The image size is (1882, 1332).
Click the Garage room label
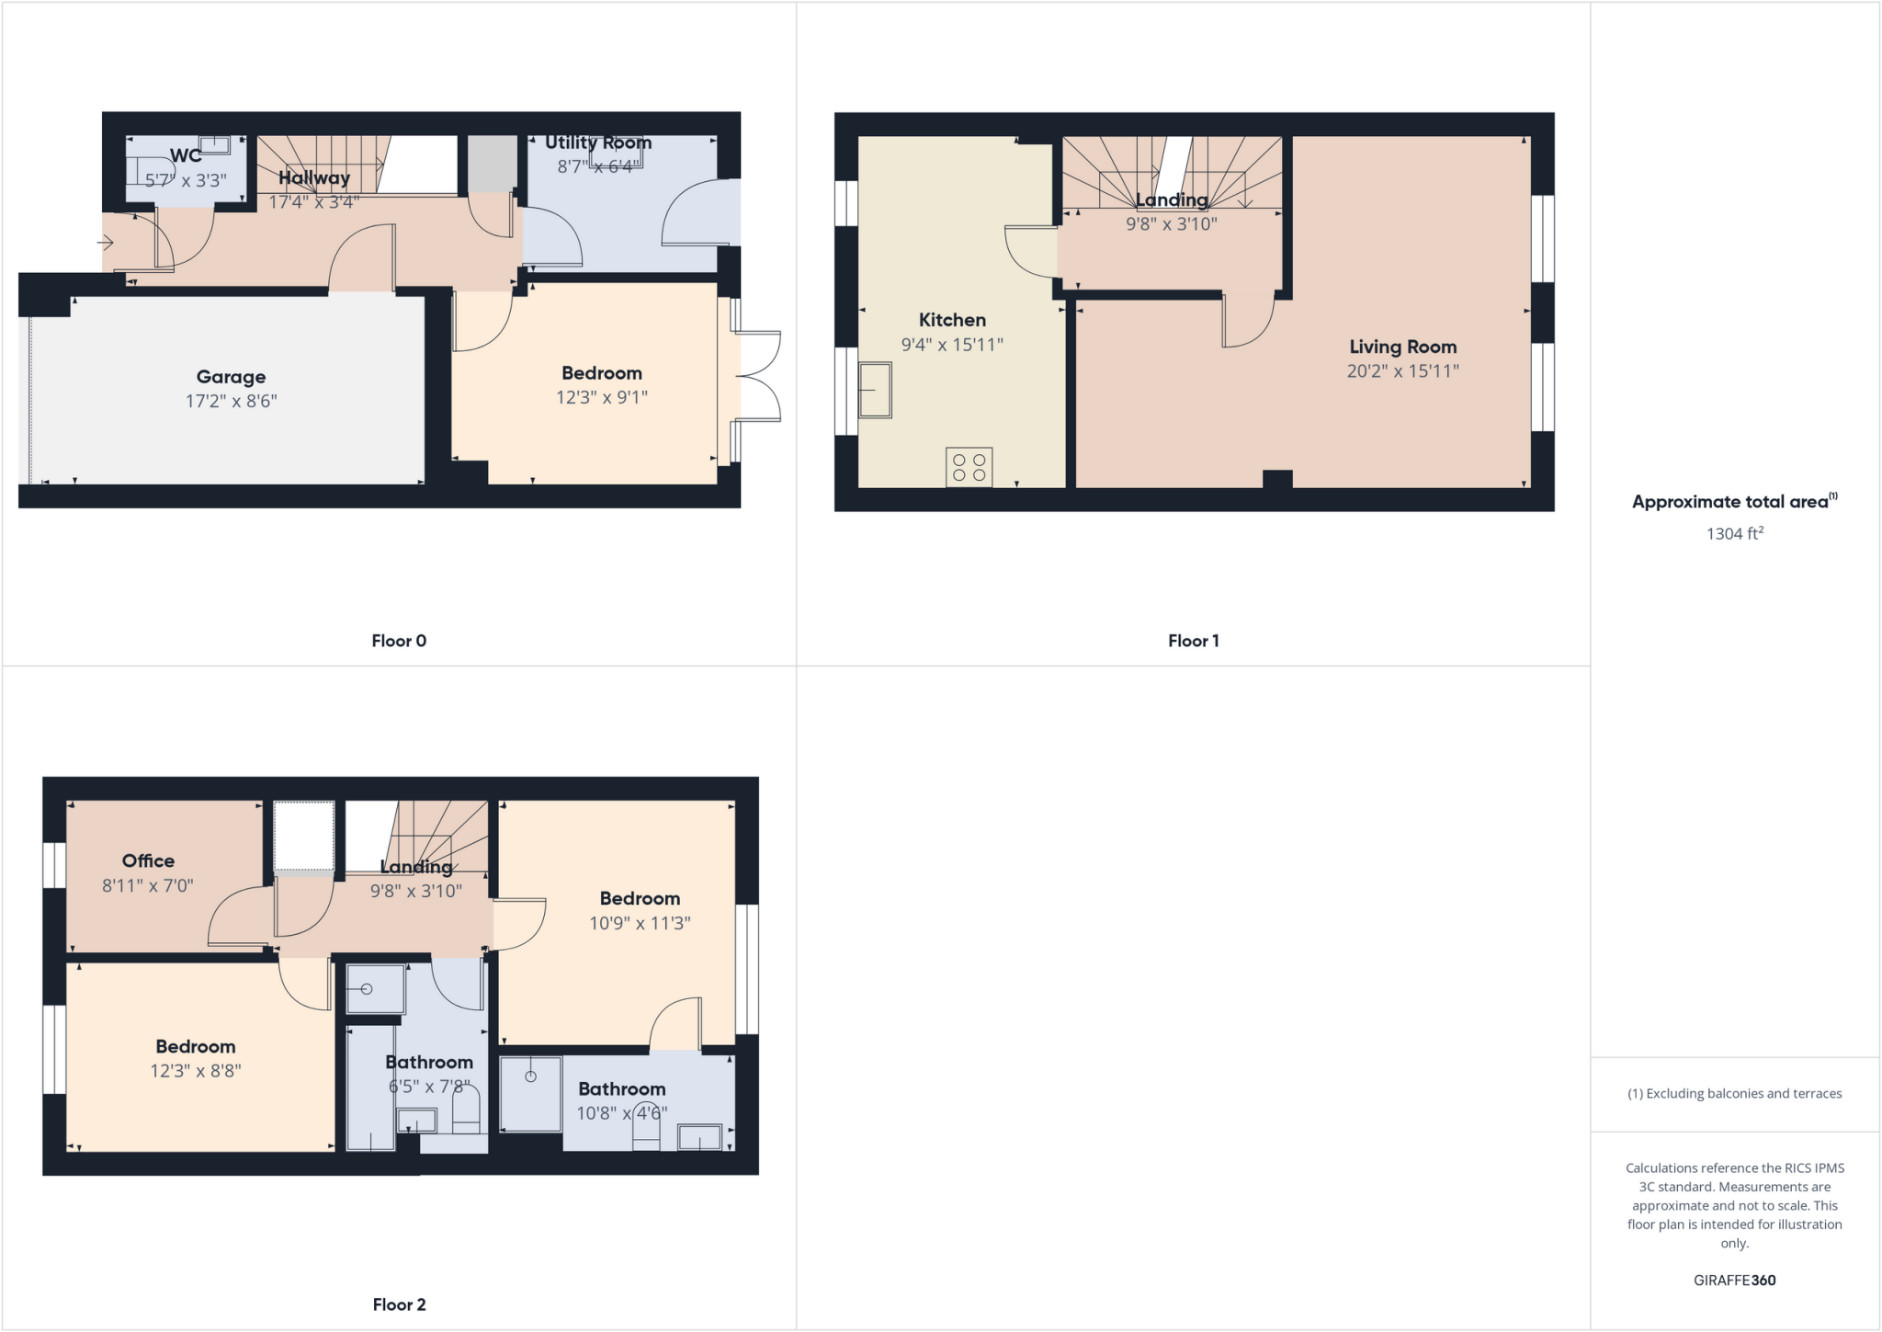[x=231, y=377]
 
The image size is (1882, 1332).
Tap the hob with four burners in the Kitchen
[x=969, y=467]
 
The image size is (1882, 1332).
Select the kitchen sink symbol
[x=875, y=390]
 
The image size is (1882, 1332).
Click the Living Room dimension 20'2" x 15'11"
[x=1402, y=371]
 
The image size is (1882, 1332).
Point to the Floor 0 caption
[x=399, y=641]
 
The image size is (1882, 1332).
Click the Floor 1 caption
[x=1193, y=641]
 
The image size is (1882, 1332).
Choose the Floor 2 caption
[x=399, y=1304]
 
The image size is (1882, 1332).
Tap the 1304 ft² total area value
[x=1734, y=534]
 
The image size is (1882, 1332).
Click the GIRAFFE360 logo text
[x=1734, y=1280]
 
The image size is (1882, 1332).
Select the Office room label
[x=148, y=861]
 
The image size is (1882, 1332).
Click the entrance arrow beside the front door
[x=106, y=243]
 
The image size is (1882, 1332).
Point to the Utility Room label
[x=598, y=142]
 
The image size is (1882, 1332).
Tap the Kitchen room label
[x=952, y=320]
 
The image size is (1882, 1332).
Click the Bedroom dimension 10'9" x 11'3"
[x=640, y=923]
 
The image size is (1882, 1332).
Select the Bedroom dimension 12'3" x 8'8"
[x=196, y=1071]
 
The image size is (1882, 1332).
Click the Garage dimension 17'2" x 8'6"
[x=231, y=401]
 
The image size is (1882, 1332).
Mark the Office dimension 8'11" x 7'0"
[x=148, y=886]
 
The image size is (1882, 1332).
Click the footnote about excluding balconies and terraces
[x=1734, y=1094]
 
